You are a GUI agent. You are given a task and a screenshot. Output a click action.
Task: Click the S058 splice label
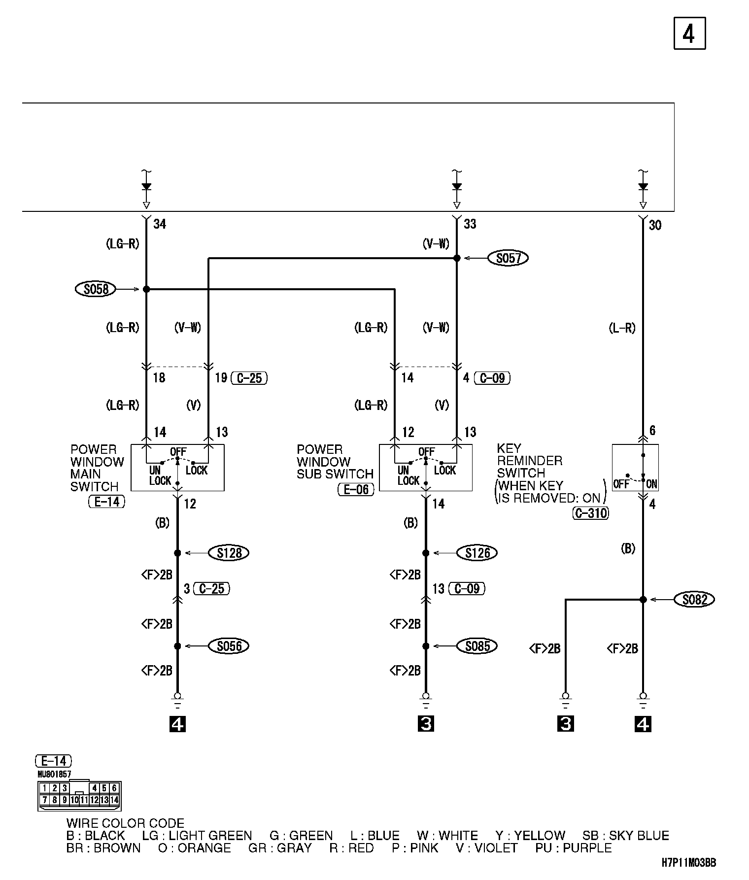point(96,289)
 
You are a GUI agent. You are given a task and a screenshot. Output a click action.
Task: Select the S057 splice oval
point(508,258)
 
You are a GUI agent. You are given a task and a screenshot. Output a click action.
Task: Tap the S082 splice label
point(694,600)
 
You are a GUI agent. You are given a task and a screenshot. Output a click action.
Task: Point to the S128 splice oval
point(229,553)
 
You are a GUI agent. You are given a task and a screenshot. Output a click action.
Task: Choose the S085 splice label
point(477,646)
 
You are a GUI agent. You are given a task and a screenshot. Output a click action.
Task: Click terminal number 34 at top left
point(160,225)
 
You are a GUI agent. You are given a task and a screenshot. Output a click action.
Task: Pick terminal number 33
point(470,225)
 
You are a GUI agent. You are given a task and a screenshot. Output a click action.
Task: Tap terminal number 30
point(655,226)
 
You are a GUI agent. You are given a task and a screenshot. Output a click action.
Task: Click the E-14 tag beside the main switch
point(107,502)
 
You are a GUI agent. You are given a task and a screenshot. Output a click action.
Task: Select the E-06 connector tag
point(356,489)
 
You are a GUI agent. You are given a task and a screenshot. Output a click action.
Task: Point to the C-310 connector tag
point(591,513)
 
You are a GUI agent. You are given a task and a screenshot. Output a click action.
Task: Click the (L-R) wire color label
point(622,328)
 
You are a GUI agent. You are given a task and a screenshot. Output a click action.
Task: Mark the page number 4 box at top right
point(689,34)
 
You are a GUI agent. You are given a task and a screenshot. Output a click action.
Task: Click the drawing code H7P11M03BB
point(688,863)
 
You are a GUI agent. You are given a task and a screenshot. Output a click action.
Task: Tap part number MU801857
point(54,774)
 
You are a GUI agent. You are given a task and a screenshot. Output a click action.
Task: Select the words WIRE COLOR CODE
point(125,823)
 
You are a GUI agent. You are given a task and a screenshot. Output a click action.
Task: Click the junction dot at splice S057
point(457,258)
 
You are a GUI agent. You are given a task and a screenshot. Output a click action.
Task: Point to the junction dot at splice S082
point(643,600)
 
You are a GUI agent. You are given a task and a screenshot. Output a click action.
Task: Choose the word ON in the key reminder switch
point(651,484)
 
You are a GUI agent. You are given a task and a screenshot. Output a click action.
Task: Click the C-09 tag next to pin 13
point(467,588)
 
